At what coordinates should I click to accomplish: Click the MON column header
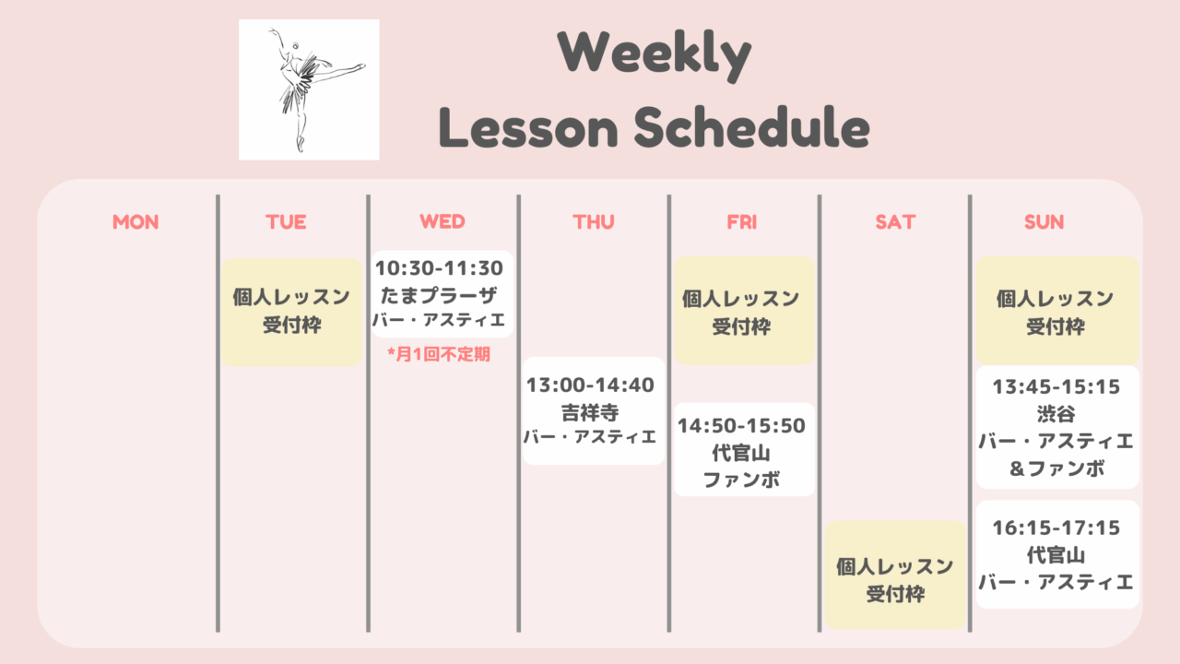(x=136, y=222)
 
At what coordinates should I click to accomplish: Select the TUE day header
(x=286, y=222)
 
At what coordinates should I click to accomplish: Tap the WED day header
(x=442, y=221)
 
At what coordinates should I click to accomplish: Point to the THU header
(x=594, y=222)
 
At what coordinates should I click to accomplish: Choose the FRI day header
(x=742, y=222)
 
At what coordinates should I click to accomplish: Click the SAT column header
(x=895, y=222)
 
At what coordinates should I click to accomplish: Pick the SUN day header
(x=1044, y=222)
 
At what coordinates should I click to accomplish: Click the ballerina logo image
(x=309, y=89)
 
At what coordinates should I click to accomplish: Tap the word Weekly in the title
(x=655, y=54)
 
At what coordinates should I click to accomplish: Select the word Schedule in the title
(x=751, y=127)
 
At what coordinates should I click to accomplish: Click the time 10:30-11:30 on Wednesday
(x=440, y=268)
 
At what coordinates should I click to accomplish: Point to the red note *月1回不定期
(x=439, y=354)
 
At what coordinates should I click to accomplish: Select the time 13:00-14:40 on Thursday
(x=591, y=385)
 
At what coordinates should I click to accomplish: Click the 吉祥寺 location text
(x=591, y=412)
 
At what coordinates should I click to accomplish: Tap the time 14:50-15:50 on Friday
(x=742, y=426)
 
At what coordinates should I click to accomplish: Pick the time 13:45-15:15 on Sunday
(x=1056, y=386)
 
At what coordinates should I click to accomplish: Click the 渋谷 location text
(x=1056, y=414)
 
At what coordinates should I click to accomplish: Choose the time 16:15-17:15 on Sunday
(x=1056, y=528)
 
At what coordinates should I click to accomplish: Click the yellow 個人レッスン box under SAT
(x=895, y=575)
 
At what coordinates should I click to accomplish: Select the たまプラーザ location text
(x=439, y=295)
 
